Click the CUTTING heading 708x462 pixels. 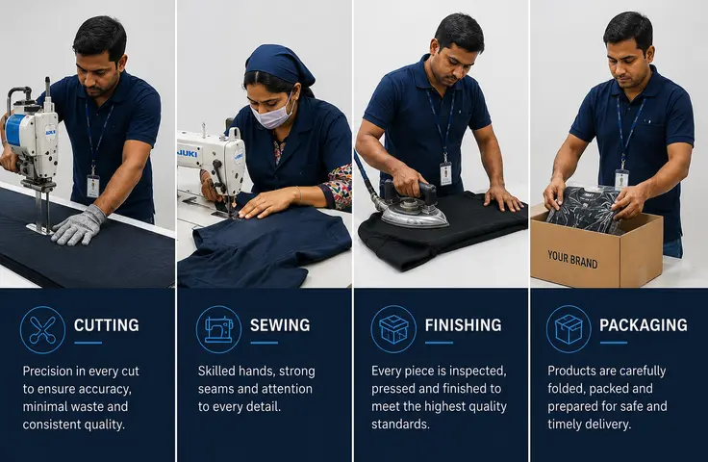[x=107, y=325]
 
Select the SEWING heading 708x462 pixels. [x=280, y=325]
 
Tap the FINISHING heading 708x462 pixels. [x=463, y=325]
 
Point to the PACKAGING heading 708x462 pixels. [x=644, y=325]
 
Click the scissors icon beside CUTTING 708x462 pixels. [x=42, y=330]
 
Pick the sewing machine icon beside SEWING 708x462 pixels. [x=219, y=329]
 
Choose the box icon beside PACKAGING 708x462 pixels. [x=569, y=329]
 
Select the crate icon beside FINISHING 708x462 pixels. [x=393, y=329]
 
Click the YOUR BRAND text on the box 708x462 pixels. [x=572, y=259]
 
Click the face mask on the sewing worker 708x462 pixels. [x=272, y=114]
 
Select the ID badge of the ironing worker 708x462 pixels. [x=445, y=173]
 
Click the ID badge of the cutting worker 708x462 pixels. [x=93, y=186]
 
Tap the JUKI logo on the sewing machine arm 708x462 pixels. [x=188, y=154]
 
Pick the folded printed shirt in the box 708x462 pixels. [x=583, y=209]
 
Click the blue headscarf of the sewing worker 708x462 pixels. [x=279, y=64]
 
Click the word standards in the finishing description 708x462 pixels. [x=400, y=424]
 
